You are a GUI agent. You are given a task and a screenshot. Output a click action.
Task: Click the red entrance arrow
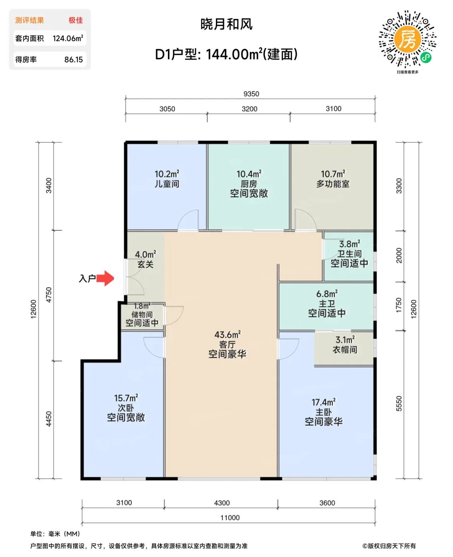pyautogui.click(x=105, y=278)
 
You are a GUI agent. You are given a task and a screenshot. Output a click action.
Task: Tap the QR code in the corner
pyautogui.click(x=407, y=39)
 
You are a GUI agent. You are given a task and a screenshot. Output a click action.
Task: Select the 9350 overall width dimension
pyautogui.click(x=251, y=94)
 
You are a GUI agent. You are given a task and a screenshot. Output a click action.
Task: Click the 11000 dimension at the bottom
pyautogui.click(x=230, y=518)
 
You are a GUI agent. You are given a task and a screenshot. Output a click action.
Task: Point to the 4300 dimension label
pyautogui.click(x=222, y=503)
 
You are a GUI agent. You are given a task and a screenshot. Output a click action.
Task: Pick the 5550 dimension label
pyautogui.click(x=399, y=403)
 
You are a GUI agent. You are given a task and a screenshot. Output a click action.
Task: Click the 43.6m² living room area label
pyautogui.click(x=227, y=335)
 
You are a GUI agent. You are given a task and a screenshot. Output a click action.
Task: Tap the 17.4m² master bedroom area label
pyautogui.click(x=323, y=402)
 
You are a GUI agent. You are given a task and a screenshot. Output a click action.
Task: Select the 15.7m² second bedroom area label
pyautogui.click(x=126, y=398)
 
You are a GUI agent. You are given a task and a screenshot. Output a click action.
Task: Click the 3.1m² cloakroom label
pyautogui.click(x=345, y=340)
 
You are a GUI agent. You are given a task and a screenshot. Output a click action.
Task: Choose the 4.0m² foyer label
pyautogui.click(x=146, y=254)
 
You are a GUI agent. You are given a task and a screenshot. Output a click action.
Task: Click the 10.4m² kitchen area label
pyautogui.click(x=249, y=174)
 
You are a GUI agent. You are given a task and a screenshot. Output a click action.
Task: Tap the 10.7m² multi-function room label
pyautogui.click(x=333, y=174)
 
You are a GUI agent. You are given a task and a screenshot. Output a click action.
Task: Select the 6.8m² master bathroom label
pyautogui.click(x=327, y=294)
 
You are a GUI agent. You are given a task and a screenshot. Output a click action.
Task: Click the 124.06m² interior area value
pyautogui.click(x=68, y=38)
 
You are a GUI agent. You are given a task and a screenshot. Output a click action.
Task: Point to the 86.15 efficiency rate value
pyautogui.click(x=74, y=60)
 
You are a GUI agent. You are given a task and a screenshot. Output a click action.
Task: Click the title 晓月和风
pyautogui.click(x=226, y=24)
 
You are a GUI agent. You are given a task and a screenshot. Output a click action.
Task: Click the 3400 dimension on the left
pyautogui.click(x=49, y=185)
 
